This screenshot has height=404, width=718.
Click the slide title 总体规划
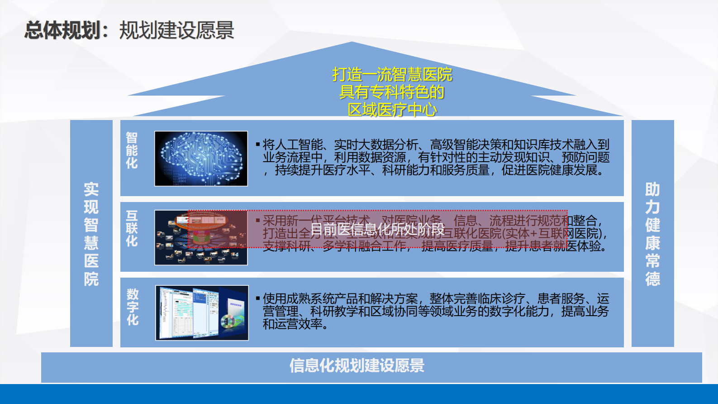point(62,30)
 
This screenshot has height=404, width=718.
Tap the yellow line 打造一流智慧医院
point(392,74)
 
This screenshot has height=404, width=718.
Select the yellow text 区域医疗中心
point(392,110)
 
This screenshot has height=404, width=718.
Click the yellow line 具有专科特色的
point(392,92)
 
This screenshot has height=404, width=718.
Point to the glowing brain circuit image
point(201,159)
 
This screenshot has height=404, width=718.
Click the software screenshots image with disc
point(202,313)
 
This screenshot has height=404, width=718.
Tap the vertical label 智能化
point(132,150)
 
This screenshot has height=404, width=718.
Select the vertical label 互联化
point(132,228)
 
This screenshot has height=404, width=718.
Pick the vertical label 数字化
point(132,307)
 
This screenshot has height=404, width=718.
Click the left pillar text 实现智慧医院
point(91,234)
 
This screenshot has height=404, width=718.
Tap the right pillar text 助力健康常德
point(652,234)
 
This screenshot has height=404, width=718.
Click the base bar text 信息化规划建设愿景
point(357,366)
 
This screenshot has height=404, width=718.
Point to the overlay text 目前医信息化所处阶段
point(377,229)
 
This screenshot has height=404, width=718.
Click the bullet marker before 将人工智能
point(258,144)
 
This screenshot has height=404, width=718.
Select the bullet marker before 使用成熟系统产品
point(258,298)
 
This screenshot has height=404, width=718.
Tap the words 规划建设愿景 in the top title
point(176,30)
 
